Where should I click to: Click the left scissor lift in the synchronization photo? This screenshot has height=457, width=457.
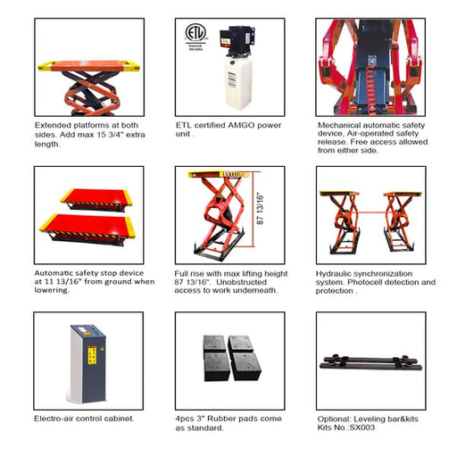pyautogui.click(x=340, y=218)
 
